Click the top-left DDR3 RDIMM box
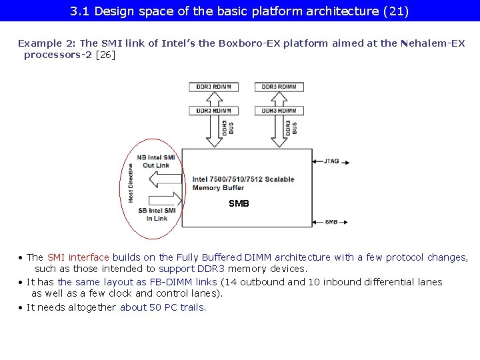(x=213, y=87)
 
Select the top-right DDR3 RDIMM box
(x=279, y=87)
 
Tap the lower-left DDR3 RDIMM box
(x=213, y=110)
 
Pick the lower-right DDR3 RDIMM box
(x=279, y=110)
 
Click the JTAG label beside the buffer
(x=331, y=161)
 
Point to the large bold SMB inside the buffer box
(x=239, y=203)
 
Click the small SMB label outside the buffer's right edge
(x=331, y=222)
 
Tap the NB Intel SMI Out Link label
(x=156, y=161)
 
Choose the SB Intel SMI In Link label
(x=157, y=214)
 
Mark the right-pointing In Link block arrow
(x=167, y=199)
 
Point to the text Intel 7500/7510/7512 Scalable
(x=243, y=179)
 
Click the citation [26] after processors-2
(x=106, y=55)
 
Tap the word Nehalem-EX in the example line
(x=433, y=43)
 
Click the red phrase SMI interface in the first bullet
(x=78, y=257)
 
